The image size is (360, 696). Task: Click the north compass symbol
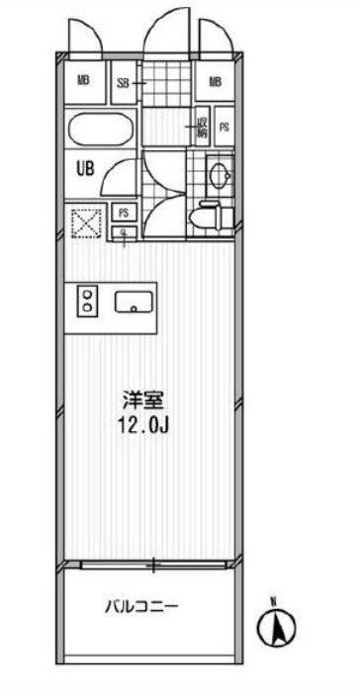[280, 627]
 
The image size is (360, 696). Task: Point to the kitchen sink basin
[133, 303]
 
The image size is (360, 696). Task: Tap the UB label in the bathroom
[85, 168]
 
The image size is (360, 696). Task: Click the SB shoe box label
[125, 83]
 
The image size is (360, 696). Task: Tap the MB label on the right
[215, 82]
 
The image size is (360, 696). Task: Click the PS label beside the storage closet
[225, 127]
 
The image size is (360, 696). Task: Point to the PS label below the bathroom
[124, 213]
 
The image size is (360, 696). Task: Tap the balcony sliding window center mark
[153, 566]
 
